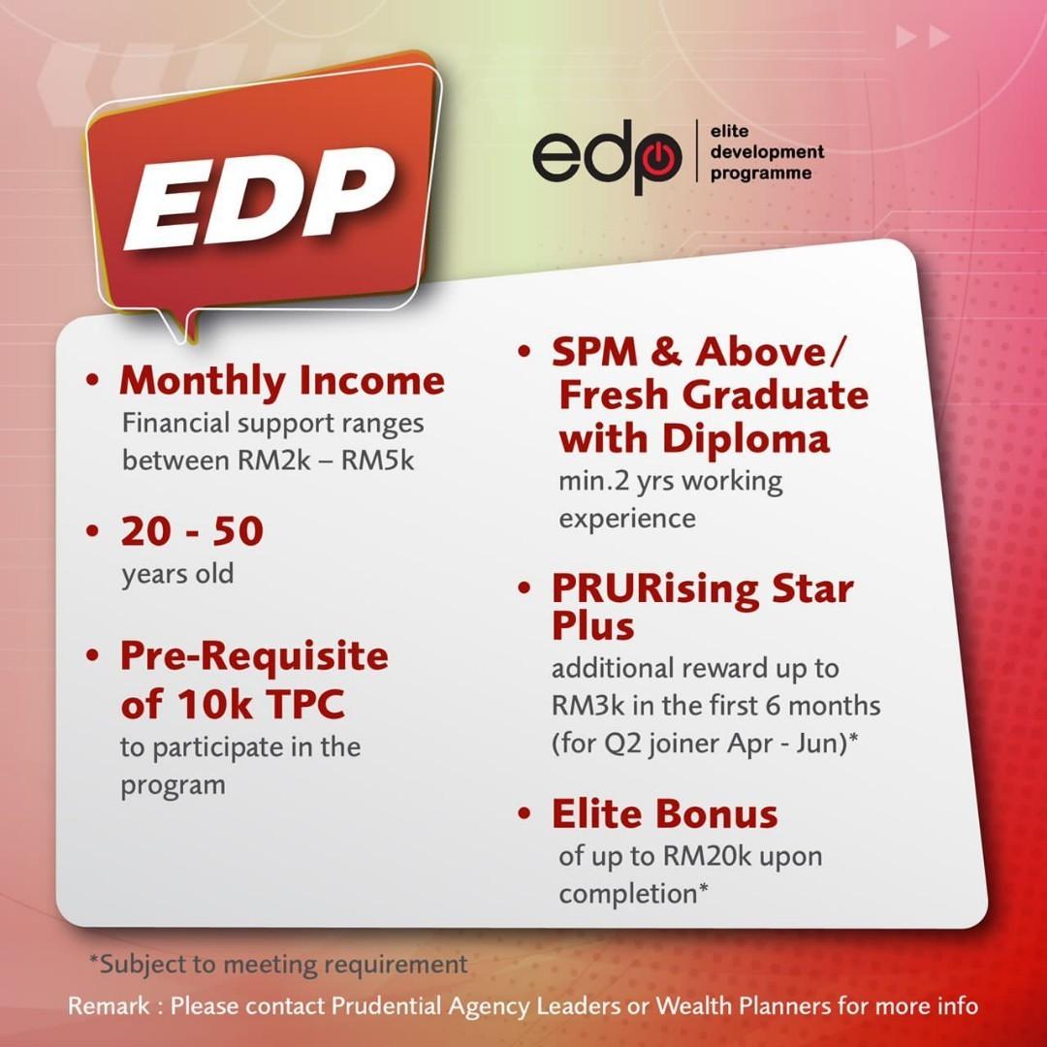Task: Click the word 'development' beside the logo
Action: [x=767, y=152]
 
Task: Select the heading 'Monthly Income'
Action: [x=282, y=380]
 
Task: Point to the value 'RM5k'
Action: [x=377, y=460]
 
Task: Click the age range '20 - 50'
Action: [x=192, y=531]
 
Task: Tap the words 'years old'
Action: [x=177, y=574]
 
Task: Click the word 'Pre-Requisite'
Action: [x=254, y=655]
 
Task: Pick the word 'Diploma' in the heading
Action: [x=746, y=439]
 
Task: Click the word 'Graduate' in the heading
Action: [x=777, y=395]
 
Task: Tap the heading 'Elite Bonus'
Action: [x=664, y=814]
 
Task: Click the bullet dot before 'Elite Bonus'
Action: [x=524, y=814]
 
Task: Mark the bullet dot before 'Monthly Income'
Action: [x=93, y=381]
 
